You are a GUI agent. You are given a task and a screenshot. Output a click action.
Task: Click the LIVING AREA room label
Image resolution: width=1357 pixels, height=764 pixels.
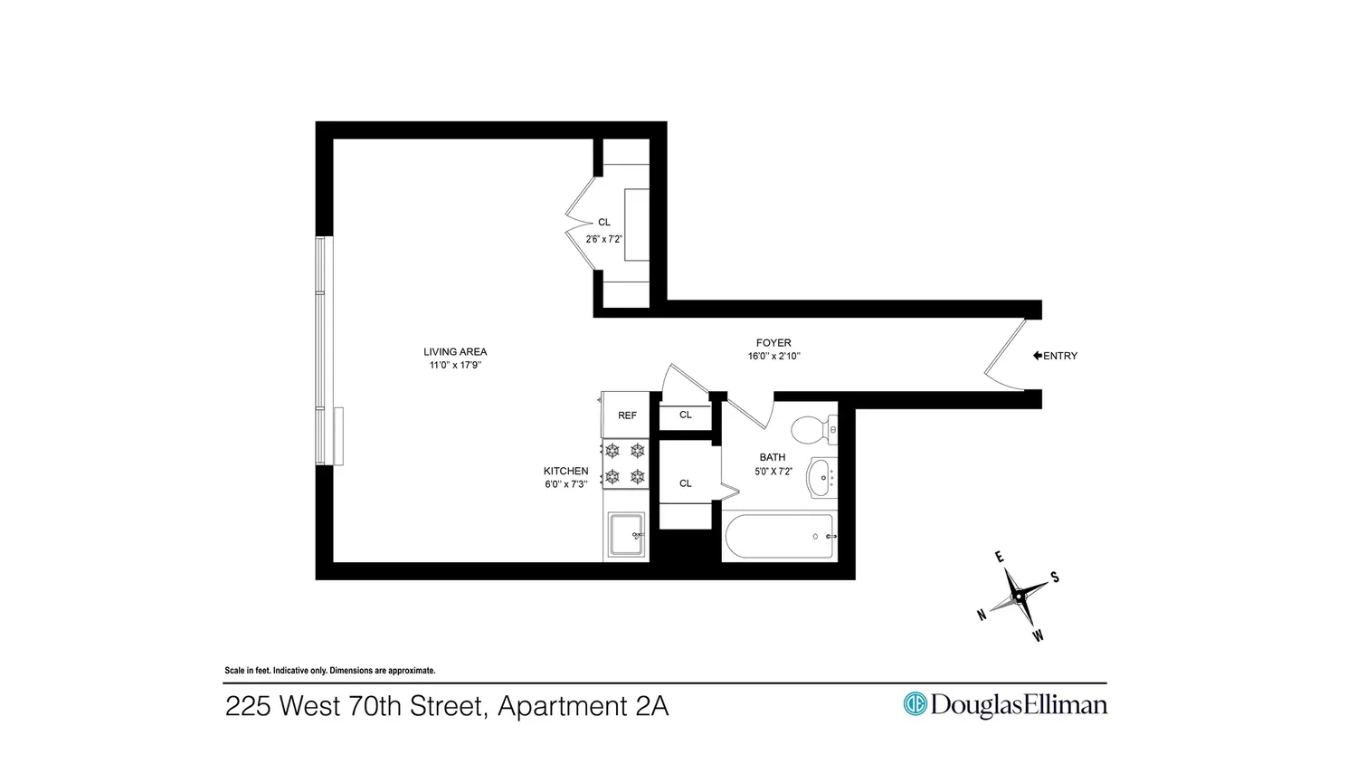click(455, 352)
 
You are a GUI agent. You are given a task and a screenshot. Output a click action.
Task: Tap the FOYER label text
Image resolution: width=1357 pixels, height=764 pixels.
click(773, 342)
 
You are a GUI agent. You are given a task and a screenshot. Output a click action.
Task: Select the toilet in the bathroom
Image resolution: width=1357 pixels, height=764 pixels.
click(814, 429)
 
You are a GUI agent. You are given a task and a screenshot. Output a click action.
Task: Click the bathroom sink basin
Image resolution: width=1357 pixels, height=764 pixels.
click(822, 477)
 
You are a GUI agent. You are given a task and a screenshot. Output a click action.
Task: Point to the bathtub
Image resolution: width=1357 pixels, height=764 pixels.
click(780, 536)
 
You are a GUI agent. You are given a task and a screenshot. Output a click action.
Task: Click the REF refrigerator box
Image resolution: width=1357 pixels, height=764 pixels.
click(625, 415)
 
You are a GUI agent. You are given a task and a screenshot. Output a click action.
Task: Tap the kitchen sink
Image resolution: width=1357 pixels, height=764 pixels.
click(626, 534)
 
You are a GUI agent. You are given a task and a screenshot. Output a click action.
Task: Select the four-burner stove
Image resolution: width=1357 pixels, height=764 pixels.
click(625, 463)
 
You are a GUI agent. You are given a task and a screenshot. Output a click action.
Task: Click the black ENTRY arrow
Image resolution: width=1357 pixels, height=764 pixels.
click(1037, 356)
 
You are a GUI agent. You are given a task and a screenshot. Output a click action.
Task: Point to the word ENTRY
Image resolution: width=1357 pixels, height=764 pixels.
click(1060, 356)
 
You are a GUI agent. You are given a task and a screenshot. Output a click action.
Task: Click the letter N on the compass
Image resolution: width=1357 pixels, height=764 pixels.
click(982, 616)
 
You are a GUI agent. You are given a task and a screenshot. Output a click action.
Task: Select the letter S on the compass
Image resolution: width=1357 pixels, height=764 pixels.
click(1055, 578)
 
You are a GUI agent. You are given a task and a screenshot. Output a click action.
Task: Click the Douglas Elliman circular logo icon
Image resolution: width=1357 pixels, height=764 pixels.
click(915, 704)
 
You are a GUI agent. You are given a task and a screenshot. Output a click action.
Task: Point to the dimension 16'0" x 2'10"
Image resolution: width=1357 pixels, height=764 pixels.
click(773, 357)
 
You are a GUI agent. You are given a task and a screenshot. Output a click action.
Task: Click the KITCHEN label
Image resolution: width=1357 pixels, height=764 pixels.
click(565, 471)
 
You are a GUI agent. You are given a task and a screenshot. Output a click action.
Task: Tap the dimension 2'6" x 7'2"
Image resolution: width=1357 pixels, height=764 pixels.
click(604, 240)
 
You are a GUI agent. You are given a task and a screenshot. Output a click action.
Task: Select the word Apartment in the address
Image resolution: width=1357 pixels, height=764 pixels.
click(563, 707)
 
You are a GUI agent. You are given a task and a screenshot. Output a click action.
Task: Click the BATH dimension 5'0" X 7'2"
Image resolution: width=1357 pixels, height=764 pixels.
click(773, 471)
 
